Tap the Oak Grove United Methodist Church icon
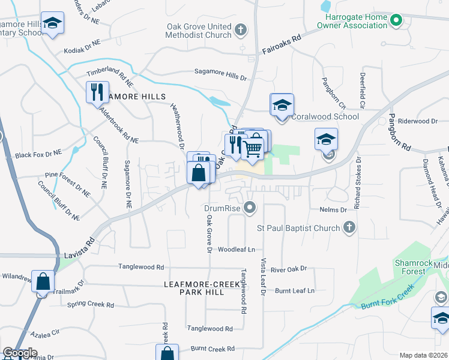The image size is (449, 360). point(241,29)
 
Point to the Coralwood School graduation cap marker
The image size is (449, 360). point(282,106)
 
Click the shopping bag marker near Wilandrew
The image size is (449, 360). point(43,281)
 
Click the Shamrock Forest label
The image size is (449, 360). point(418,267)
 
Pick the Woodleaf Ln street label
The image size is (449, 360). point(237,249)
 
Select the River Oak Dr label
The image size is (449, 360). point(289,269)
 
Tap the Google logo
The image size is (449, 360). point(20,353)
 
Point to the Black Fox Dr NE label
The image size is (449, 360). point(38,154)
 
